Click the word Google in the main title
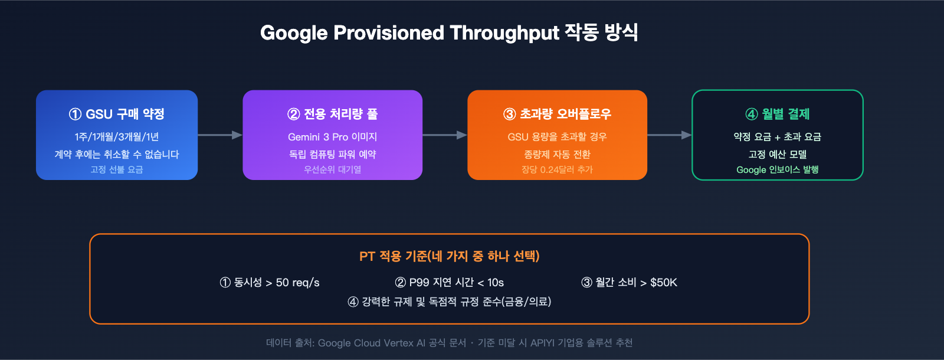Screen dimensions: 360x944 tap(294, 33)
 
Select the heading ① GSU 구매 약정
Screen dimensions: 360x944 tap(117, 114)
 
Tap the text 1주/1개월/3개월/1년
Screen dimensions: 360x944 tap(117, 137)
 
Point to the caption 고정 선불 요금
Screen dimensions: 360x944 tap(117, 170)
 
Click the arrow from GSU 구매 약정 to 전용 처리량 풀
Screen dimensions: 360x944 tap(219, 135)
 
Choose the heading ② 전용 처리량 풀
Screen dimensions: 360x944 tap(332, 114)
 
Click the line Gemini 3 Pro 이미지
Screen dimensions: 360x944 tap(332, 137)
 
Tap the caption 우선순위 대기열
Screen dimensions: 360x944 tap(332, 170)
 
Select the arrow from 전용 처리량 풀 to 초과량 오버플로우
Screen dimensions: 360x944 tap(444, 135)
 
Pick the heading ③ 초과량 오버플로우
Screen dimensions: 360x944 tap(557, 114)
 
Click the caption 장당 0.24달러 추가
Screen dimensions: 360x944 tap(557, 170)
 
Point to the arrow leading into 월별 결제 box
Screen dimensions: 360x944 tap(669, 135)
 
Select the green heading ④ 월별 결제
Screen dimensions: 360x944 tap(777, 114)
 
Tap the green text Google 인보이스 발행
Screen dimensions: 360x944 tap(777, 170)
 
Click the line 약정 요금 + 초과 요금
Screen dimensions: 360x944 tap(777, 137)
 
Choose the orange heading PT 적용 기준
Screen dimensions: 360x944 tap(449, 256)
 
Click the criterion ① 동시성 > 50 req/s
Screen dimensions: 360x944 tap(270, 283)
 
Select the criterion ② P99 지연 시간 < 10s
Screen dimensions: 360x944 tap(449, 283)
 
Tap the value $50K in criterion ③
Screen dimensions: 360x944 tap(663, 283)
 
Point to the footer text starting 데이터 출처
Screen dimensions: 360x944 tap(449, 343)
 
